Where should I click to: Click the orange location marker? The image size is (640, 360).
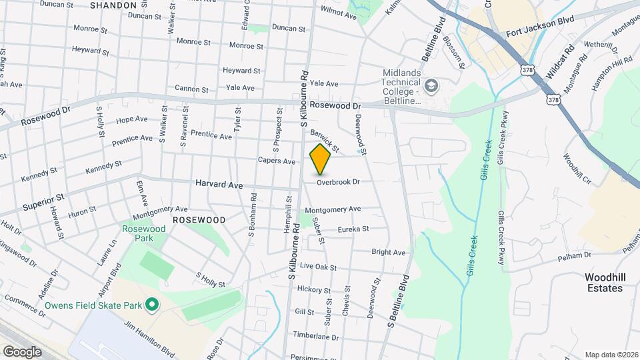click(321, 160)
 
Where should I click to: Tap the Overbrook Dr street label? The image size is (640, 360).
click(338, 182)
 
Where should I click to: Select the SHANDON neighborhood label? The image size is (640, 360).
click(113, 5)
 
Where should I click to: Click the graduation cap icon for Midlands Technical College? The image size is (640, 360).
click(431, 86)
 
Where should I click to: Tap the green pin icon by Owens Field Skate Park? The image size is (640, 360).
click(152, 305)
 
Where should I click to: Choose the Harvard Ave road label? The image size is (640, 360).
click(219, 184)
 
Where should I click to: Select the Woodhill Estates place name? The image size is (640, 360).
click(603, 283)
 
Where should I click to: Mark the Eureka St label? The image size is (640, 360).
click(353, 229)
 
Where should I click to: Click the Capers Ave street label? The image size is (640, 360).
click(277, 161)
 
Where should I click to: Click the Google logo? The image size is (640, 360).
click(22, 351)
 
